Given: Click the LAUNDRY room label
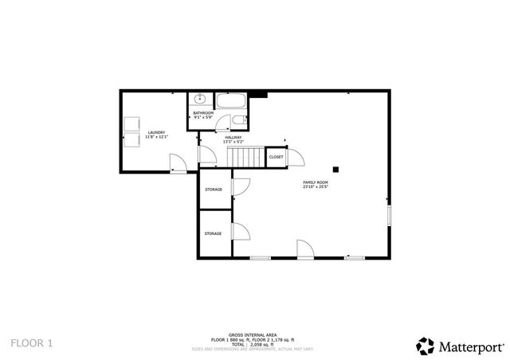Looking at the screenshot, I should [156, 132].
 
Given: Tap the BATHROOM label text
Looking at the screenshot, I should [203, 113].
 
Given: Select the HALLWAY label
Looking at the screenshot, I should [233, 138].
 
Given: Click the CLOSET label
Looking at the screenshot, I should [276, 157].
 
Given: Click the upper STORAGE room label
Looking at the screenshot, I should [214, 190].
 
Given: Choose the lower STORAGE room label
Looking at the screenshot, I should [213, 233].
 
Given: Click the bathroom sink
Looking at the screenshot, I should [199, 100].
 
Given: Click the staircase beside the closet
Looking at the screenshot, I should [246, 157].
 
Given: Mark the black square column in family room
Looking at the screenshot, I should [337, 168].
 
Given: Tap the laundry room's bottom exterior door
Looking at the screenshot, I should [178, 164].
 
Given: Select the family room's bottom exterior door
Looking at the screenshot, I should [305, 249].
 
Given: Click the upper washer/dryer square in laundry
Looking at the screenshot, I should [131, 125].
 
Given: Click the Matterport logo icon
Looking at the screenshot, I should [425, 344].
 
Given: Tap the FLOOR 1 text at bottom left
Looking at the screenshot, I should [32, 343].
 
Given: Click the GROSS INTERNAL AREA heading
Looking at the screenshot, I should [251, 335].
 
